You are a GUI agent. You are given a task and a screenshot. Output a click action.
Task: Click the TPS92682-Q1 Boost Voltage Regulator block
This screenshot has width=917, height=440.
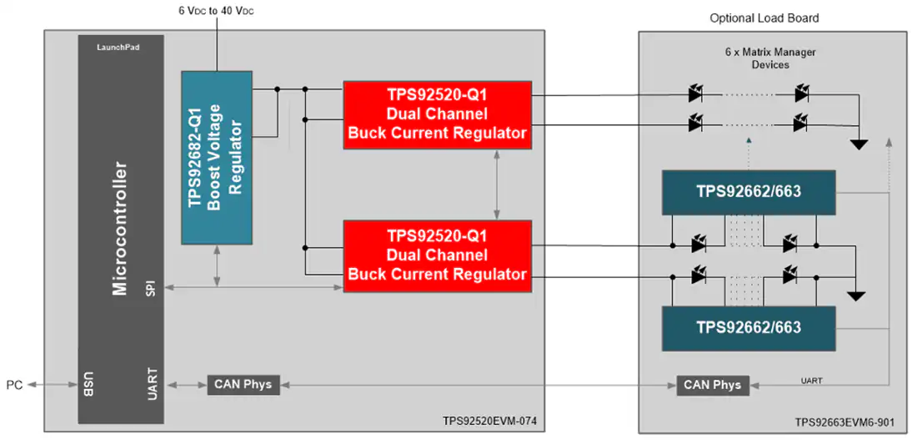[x=217, y=158]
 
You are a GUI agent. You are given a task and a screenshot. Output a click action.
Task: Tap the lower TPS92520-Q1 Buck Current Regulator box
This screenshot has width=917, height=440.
[x=438, y=256]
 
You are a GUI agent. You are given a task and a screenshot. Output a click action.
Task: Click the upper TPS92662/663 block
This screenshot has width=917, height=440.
[x=749, y=192]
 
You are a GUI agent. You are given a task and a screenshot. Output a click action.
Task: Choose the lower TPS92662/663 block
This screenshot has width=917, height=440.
[x=749, y=328]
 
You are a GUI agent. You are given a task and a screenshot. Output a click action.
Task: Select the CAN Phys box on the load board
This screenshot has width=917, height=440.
[x=712, y=385]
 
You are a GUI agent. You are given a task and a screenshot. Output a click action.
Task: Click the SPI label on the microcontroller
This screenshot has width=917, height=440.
[x=150, y=286]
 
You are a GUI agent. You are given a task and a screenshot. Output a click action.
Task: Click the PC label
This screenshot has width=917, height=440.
[x=15, y=386]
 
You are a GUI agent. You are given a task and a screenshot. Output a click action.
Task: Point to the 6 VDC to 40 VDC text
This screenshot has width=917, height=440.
[x=217, y=11]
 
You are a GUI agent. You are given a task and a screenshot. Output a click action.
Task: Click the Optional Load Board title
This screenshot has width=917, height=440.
[x=764, y=18]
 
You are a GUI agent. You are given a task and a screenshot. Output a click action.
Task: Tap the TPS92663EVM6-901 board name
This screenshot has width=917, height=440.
[x=844, y=422]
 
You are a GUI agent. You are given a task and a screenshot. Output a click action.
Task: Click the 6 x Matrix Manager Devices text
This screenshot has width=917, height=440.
[x=770, y=58]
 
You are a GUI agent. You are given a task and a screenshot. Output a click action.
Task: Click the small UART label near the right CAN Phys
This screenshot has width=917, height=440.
[x=811, y=381]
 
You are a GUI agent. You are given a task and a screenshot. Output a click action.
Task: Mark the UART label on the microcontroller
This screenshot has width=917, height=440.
[x=150, y=384]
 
